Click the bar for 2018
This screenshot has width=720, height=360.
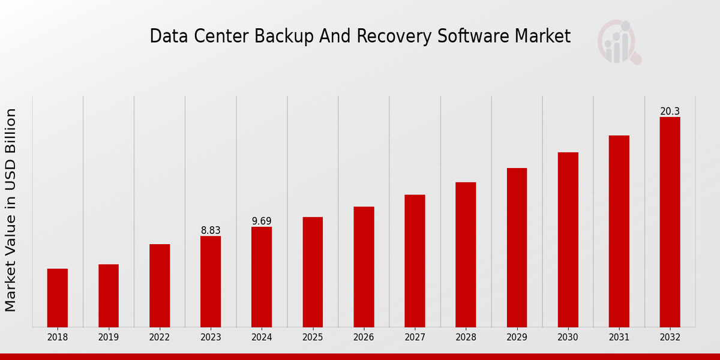[58, 298]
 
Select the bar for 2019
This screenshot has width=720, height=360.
[109, 295]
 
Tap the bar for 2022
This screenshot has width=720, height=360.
[160, 286]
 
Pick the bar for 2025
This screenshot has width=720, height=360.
[313, 272]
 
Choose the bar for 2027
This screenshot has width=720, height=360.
[415, 260]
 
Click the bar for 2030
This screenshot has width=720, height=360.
[568, 239]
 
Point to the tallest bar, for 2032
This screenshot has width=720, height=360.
[670, 222]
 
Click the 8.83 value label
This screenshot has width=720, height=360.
[211, 230]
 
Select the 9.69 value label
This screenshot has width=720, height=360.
[262, 221]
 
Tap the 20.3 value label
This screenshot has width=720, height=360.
[670, 112]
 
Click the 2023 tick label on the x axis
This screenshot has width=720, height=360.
[211, 338]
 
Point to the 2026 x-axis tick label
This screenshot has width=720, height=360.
[364, 338]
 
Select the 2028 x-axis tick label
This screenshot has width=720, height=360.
[466, 338]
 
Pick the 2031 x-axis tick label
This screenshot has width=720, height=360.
[619, 338]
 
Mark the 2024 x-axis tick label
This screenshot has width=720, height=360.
[262, 338]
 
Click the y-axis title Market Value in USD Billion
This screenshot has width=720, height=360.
[11, 210]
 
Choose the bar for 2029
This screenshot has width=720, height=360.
[517, 247]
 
